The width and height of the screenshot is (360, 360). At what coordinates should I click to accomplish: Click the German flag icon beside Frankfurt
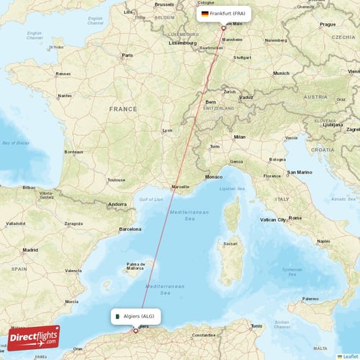[205, 14]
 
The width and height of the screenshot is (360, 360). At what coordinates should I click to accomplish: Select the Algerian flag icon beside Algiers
[117, 316]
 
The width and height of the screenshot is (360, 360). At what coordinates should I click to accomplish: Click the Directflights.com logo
[33, 337]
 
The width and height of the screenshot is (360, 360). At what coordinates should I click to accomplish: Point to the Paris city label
[127, 55]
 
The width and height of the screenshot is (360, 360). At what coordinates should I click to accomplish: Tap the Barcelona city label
[130, 229]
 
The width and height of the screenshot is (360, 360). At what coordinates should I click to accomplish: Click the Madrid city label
[30, 250]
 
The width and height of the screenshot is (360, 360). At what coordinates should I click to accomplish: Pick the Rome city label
[294, 217]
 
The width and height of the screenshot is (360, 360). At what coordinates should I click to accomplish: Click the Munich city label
[281, 73]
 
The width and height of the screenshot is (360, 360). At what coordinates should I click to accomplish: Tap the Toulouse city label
[117, 180]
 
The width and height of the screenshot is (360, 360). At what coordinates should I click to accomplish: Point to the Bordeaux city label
[74, 152]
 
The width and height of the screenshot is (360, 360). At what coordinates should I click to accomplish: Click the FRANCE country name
[122, 109]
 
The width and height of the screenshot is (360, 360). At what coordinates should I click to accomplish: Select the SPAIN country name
[19, 268]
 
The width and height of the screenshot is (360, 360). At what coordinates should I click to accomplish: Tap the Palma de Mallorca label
[136, 266]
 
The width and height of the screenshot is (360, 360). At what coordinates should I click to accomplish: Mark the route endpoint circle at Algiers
[135, 331]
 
